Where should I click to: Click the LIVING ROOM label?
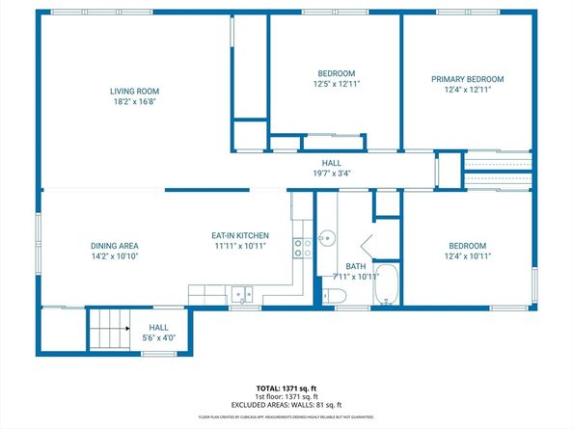coord(133,91)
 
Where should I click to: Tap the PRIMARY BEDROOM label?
coord(467,79)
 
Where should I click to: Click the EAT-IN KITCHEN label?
coord(240,235)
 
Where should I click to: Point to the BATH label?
coord(356,266)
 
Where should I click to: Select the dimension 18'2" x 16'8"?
coord(133,101)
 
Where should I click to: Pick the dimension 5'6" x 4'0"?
coord(158,337)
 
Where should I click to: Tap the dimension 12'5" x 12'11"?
coord(337,85)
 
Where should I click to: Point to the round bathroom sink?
coord(328,236)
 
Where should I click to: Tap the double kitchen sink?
coord(241,295)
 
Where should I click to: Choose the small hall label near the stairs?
coord(158,327)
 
